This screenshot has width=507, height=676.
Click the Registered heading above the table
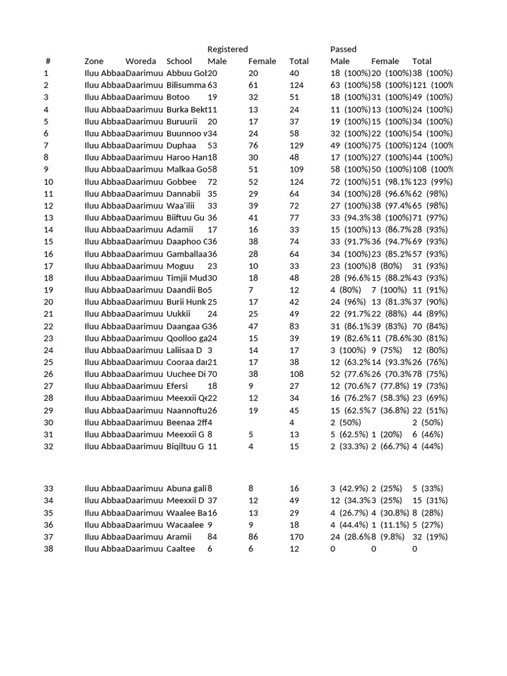[228, 50]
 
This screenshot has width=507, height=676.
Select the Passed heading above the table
[343, 50]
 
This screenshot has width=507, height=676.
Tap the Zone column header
[94, 61]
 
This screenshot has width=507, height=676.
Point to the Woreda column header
[141, 61]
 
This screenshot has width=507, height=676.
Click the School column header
[179, 61]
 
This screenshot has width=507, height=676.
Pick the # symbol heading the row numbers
[48, 61]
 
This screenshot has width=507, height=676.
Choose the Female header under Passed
[385, 61]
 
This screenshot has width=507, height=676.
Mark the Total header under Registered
[298, 61]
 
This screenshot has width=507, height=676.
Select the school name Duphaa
[182, 146]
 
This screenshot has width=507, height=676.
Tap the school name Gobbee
[182, 182]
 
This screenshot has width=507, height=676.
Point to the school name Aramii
[180, 537]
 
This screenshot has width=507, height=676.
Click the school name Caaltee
[181, 549]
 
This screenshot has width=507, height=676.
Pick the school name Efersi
[178, 386]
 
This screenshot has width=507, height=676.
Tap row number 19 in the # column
[48, 290]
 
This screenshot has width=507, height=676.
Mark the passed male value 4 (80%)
[344, 290]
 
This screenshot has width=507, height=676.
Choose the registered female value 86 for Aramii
[253, 537]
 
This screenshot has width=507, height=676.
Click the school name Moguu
[180, 266]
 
